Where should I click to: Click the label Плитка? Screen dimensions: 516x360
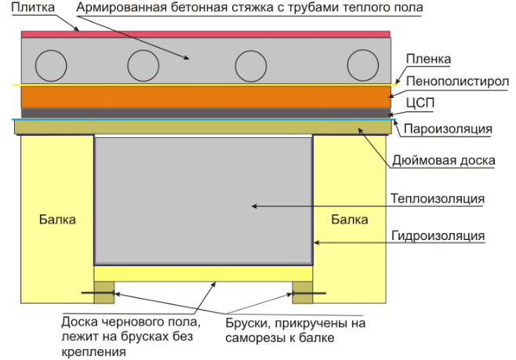(33, 7)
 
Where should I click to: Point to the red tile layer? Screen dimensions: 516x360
(205, 35)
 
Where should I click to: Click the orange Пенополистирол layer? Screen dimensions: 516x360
(206, 97)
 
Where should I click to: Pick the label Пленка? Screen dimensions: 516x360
(428, 60)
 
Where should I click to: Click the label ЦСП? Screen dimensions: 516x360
(420, 103)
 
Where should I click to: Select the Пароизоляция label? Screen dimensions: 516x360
(448, 129)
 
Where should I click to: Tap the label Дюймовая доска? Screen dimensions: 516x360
(444, 160)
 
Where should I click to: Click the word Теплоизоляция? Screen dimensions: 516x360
(438, 198)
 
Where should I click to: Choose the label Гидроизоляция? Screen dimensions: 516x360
(438, 236)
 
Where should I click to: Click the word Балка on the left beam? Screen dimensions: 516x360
(57, 220)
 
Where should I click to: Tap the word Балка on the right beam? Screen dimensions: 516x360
(350, 220)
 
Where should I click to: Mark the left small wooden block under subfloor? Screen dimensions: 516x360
(104, 293)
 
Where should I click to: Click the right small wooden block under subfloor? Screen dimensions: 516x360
(303, 293)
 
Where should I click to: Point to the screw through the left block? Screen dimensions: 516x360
(98, 293)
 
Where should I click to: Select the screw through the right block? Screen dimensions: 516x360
(309, 293)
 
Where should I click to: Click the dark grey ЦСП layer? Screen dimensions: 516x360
(206, 113)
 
